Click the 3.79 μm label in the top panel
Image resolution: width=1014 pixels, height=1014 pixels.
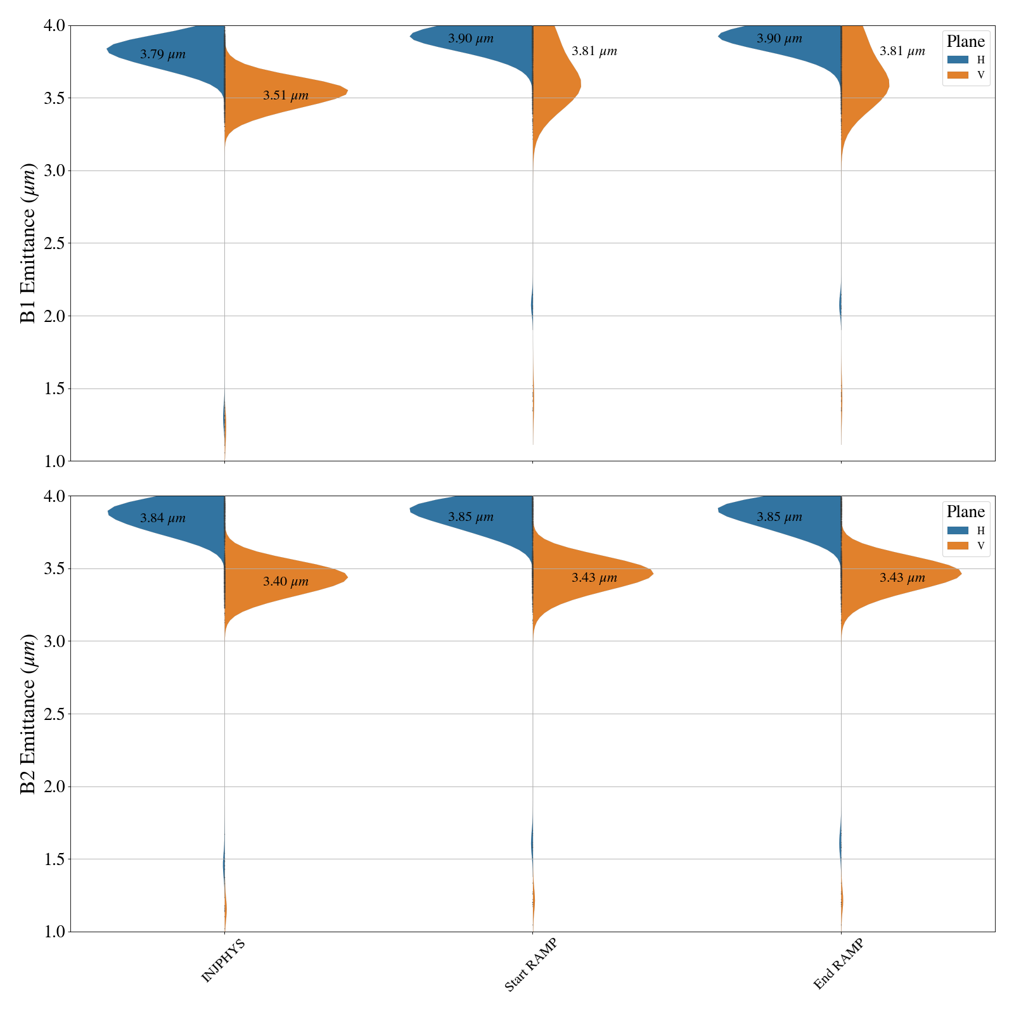(163, 55)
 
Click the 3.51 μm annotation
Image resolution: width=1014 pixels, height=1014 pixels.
(286, 96)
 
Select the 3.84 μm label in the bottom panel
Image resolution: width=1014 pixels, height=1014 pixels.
(163, 518)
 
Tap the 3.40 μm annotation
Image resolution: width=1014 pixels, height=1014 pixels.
(286, 582)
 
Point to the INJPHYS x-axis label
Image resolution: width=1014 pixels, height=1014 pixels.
(223, 961)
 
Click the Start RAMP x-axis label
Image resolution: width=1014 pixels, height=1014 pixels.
(530, 965)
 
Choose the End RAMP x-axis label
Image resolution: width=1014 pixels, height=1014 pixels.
(838, 964)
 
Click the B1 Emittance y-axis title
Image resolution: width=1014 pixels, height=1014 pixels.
(29, 243)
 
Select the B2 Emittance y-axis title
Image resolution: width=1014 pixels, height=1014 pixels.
(29, 714)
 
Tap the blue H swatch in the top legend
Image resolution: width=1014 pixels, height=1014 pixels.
(958, 60)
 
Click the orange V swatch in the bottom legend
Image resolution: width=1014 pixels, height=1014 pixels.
(958, 546)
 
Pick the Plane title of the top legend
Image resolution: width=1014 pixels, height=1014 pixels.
(966, 42)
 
